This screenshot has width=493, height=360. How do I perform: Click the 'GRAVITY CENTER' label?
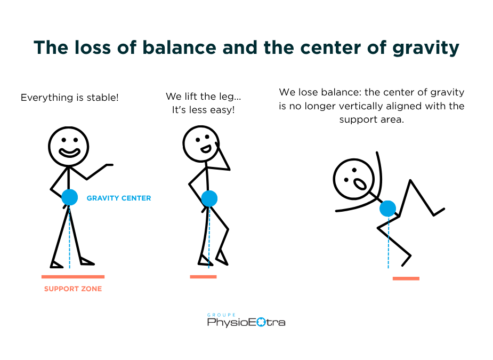(x=119, y=198)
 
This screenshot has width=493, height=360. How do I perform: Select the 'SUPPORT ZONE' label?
(x=72, y=289)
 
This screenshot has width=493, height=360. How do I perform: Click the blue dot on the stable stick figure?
(x=69, y=197)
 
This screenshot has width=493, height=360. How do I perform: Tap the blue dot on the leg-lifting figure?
(x=209, y=198)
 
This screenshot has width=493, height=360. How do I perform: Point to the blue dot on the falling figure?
(x=388, y=209)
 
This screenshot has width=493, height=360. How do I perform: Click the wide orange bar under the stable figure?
(x=73, y=277)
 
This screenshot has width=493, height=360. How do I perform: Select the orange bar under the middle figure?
(x=203, y=277)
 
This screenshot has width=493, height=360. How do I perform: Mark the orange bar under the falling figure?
(x=406, y=278)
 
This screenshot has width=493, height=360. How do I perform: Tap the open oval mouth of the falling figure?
(x=360, y=184)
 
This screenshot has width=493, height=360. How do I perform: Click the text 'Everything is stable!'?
(x=69, y=98)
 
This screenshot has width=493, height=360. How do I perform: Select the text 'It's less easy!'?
(x=203, y=110)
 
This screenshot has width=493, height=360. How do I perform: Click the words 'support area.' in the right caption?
(x=371, y=119)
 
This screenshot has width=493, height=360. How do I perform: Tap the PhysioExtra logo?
(x=246, y=322)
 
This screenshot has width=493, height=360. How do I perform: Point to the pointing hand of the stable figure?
(x=110, y=165)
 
